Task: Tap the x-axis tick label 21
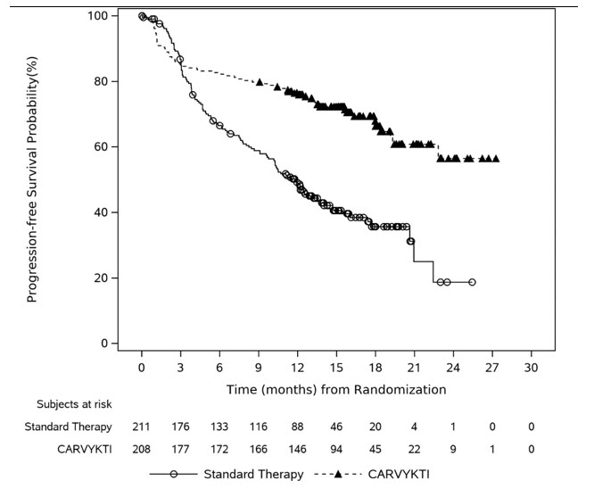(414, 367)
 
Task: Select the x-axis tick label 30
(531, 367)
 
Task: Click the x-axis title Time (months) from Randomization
(336, 389)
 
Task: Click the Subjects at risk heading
(73, 403)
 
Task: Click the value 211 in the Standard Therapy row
(142, 427)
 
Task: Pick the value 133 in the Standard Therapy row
(219, 427)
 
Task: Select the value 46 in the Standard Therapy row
(336, 427)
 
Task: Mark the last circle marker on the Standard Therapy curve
(472, 282)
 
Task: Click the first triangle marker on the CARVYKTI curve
(260, 82)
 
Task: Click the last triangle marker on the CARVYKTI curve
(496, 159)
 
